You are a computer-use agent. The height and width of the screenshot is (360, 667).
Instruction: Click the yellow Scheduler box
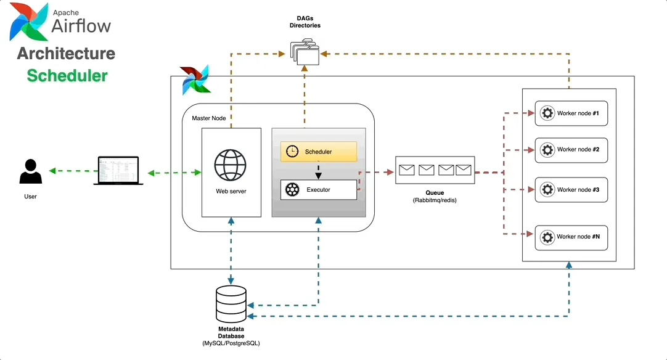click(319, 152)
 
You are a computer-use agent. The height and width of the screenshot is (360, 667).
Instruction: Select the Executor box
click(319, 190)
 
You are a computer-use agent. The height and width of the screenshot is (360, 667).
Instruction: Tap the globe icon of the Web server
click(231, 165)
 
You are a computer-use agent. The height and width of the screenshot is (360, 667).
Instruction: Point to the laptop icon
click(118, 171)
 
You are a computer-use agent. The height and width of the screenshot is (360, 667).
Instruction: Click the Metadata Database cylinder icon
click(231, 301)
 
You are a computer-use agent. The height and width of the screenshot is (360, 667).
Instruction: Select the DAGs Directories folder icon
click(305, 52)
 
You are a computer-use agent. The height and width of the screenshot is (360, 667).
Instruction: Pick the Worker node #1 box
click(571, 113)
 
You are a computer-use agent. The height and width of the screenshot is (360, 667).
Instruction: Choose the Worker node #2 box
click(571, 150)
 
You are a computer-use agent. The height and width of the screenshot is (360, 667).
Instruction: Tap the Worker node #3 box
click(571, 190)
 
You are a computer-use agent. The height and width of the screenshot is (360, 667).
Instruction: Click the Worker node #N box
click(571, 237)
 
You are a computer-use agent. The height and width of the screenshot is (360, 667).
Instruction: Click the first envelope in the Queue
click(406, 170)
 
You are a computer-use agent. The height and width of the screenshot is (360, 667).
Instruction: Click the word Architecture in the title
click(66, 54)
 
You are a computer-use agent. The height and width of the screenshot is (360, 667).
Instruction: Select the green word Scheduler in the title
click(67, 76)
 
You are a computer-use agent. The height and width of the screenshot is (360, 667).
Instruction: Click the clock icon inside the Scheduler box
click(292, 152)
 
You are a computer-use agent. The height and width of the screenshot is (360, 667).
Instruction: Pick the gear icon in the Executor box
click(292, 190)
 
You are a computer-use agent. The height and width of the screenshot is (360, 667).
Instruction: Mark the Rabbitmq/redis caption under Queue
click(435, 201)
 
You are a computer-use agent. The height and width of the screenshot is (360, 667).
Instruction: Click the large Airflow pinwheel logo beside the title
click(29, 22)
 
